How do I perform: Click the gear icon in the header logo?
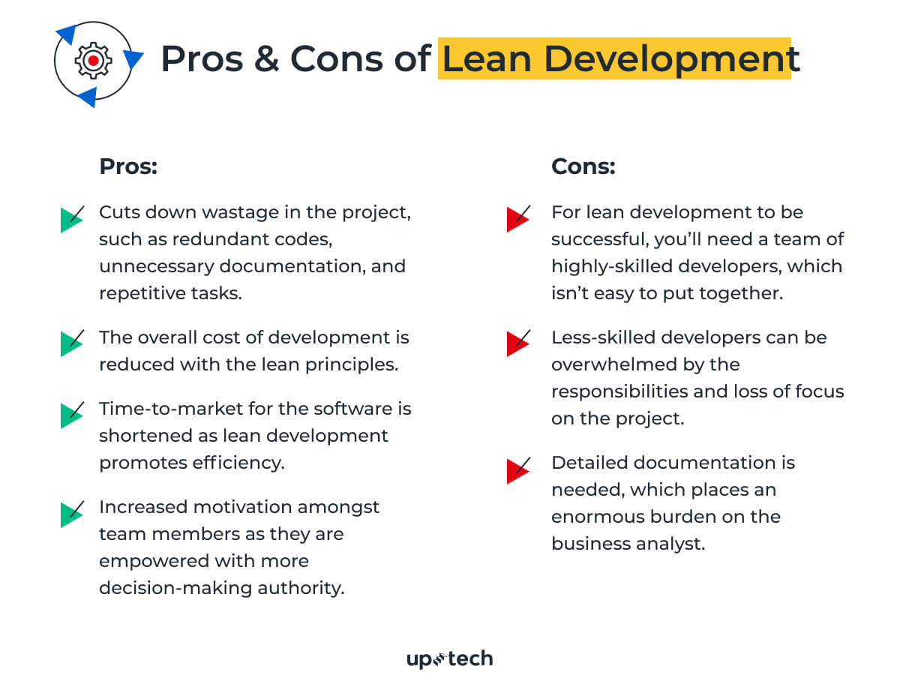(x=92, y=60)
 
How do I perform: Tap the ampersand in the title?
(x=267, y=59)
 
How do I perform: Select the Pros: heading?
(x=128, y=166)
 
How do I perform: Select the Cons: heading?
(x=583, y=166)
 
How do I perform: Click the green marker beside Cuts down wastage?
(x=71, y=219)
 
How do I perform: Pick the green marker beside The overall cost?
(x=71, y=343)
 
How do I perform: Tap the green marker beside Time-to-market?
(x=71, y=415)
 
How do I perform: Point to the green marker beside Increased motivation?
(x=71, y=514)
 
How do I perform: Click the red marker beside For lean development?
(x=518, y=219)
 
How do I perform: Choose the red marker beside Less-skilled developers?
(x=518, y=343)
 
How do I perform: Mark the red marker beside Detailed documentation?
(x=518, y=469)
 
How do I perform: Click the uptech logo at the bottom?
(x=449, y=659)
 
